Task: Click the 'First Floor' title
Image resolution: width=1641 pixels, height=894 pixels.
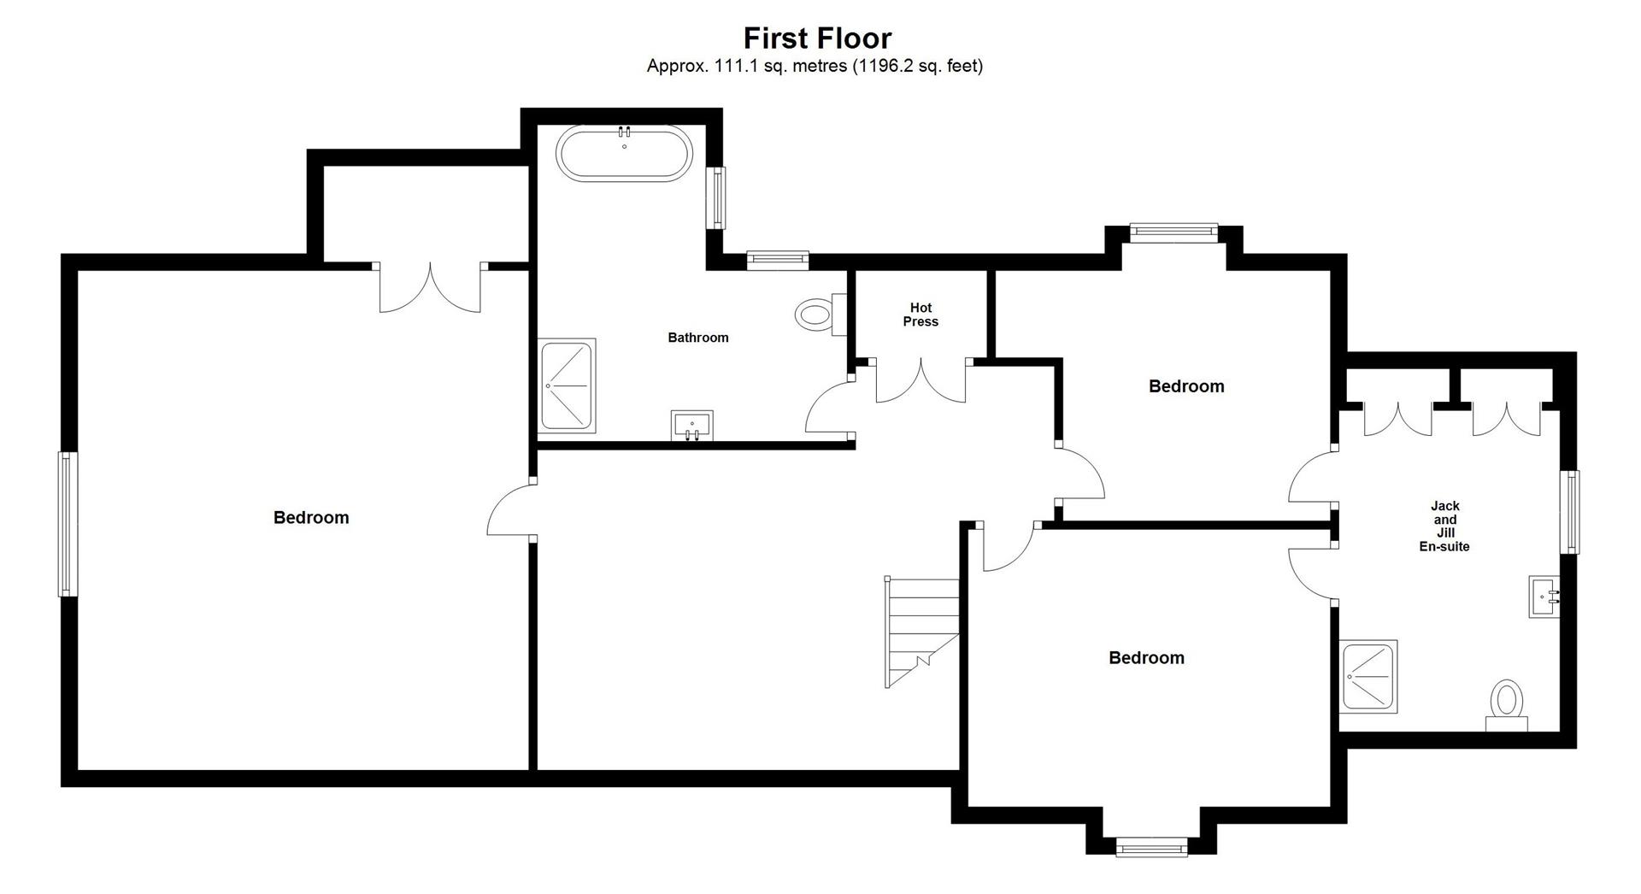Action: coord(817,38)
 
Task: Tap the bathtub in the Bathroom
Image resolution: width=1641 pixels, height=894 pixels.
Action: coord(624,154)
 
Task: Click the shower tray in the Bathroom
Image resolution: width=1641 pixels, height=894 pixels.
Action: coord(568,385)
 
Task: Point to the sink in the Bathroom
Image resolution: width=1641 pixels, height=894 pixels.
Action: coord(692,426)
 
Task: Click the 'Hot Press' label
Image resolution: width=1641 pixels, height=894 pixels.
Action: coord(920,315)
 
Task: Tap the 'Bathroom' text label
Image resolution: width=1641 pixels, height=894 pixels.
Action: coord(698,338)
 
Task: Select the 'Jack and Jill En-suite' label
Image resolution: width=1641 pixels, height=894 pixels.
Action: coord(1444,526)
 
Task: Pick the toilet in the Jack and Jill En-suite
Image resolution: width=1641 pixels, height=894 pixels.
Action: coord(1506,706)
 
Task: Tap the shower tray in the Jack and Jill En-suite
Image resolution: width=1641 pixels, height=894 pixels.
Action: coord(1367,676)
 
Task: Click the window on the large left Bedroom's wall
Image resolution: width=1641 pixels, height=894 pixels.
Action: coord(68,524)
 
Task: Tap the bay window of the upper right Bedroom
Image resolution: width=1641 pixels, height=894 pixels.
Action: coord(1173,232)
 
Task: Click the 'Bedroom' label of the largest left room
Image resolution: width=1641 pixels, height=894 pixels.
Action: coord(311,517)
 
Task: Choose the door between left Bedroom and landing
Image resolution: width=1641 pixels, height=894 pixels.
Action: coord(510,509)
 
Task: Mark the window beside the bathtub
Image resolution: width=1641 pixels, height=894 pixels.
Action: coord(715,197)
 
